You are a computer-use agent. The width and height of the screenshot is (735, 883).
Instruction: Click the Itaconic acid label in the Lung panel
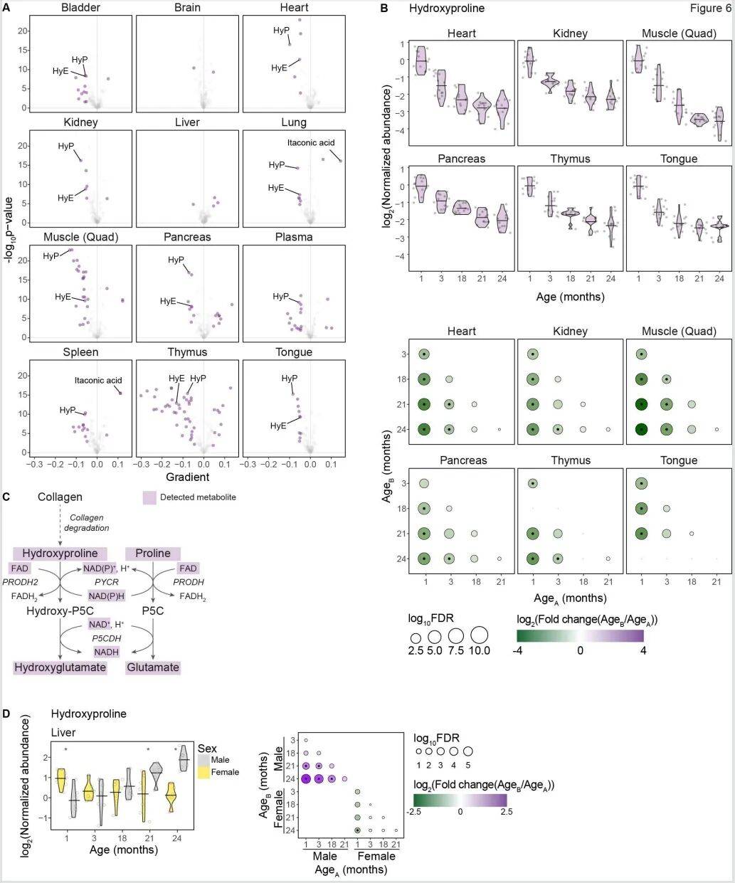[311, 143]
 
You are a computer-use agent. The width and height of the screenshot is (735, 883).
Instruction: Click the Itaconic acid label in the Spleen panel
[98, 381]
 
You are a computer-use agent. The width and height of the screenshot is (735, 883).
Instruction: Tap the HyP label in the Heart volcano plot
[281, 31]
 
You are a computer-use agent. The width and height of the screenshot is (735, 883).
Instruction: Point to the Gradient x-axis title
[186, 477]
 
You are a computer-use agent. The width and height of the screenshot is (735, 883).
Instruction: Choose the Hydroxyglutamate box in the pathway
[60, 667]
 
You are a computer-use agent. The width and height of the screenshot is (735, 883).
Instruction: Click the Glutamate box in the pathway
[153, 667]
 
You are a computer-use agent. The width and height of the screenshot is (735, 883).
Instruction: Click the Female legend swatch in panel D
[204, 772]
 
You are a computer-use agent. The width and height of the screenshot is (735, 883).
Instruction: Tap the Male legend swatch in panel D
[204, 760]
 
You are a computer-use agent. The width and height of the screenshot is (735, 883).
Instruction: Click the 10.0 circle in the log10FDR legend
[478, 635]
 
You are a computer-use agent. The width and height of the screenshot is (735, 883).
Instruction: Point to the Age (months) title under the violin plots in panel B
[570, 296]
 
